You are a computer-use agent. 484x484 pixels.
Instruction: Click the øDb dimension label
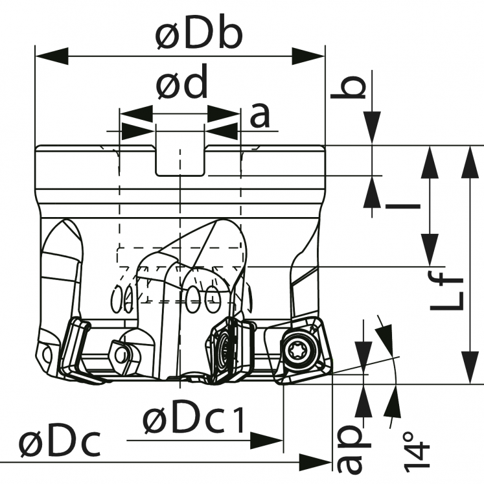tap(198, 37)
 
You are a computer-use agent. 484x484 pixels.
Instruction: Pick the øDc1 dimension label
tap(193, 422)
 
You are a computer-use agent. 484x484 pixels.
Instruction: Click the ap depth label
tap(351, 447)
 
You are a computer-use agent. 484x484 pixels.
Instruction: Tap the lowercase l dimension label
tap(402, 207)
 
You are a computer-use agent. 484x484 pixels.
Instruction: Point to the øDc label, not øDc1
tap(60, 445)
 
